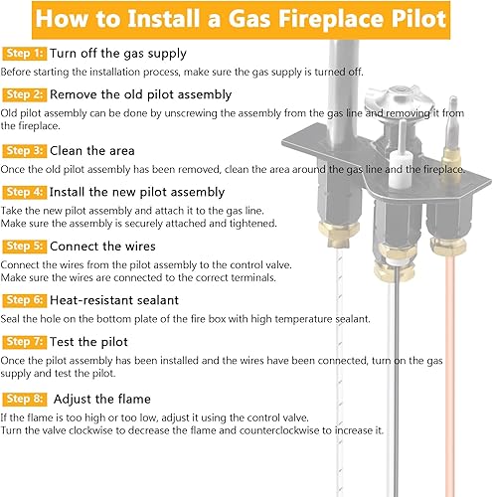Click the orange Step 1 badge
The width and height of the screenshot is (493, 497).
click(24, 52)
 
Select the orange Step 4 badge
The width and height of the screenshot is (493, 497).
click(24, 191)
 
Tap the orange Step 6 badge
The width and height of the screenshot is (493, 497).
click(24, 298)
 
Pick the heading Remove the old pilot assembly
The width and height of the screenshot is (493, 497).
click(141, 94)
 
